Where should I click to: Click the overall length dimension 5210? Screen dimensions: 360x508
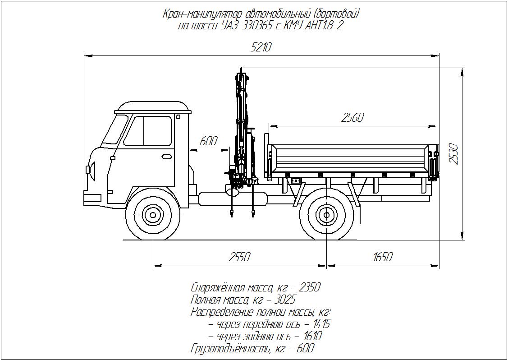pyautogui.click(x=261, y=47)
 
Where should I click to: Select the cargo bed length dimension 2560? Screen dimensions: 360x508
pyautogui.click(x=352, y=118)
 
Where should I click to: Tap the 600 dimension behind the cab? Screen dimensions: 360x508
pyautogui.click(x=208, y=141)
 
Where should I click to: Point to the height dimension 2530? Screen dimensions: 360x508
pyautogui.click(x=454, y=154)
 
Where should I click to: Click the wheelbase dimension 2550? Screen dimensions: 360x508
pyautogui.click(x=239, y=257)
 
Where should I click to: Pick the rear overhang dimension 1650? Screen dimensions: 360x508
pyautogui.click(x=383, y=257)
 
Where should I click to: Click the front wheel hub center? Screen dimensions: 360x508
pyautogui.click(x=153, y=215)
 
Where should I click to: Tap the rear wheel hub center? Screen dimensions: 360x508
pyautogui.click(x=326, y=215)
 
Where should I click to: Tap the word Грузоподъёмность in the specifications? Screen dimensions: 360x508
pyautogui.click(x=229, y=348)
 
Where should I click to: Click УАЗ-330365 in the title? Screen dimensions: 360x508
pyautogui.click(x=247, y=26)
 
